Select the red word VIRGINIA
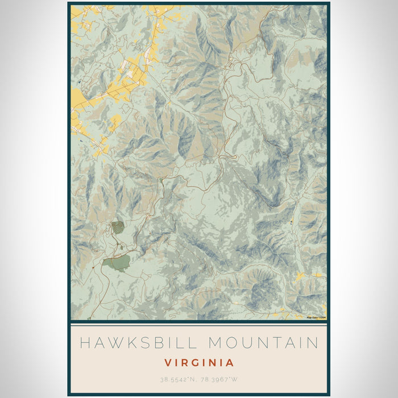pyautogui.click(x=199, y=362)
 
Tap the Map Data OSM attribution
pyautogui.click(x=316, y=317)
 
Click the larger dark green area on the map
pyautogui.click(x=117, y=263)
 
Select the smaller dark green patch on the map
pyautogui.click(x=118, y=227)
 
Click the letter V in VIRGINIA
pyautogui.click(x=168, y=362)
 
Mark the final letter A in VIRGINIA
pyautogui.click(x=230, y=362)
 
